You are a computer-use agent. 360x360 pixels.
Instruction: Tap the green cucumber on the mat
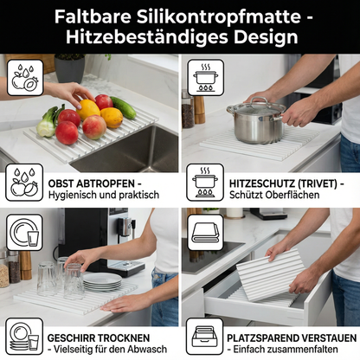click(123, 107)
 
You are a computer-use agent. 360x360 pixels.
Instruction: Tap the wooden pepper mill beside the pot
click(200, 108)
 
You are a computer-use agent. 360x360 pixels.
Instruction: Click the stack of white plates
click(102, 280)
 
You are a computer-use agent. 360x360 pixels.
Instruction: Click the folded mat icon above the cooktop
click(205, 229)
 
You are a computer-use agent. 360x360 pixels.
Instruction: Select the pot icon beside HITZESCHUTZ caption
click(205, 185)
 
